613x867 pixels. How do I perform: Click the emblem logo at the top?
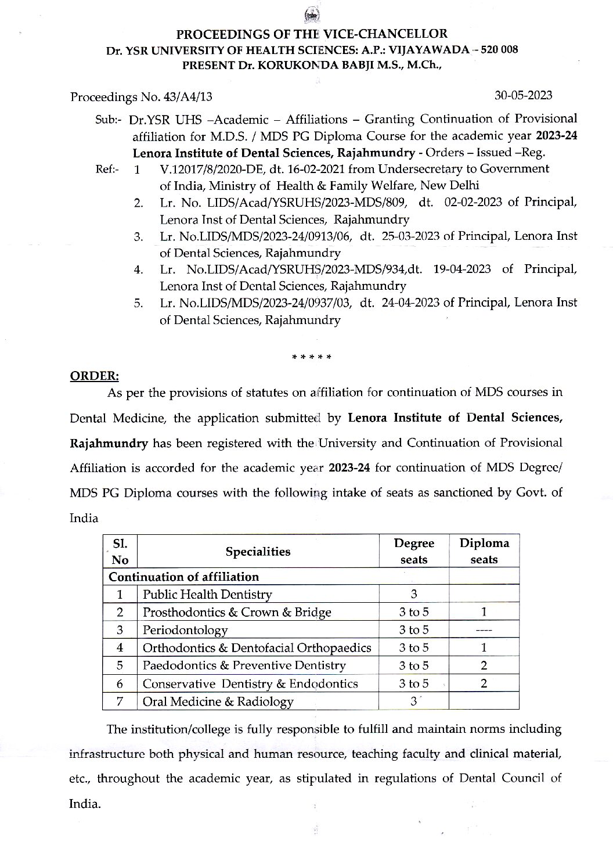tap(307, 16)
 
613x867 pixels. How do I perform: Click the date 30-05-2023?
tap(523, 95)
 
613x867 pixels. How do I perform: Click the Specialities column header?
tap(258, 551)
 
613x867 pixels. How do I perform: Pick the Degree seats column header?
tap(414, 551)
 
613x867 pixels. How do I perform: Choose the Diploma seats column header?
tap(484, 551)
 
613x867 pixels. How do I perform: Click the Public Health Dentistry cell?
tap(207, 594)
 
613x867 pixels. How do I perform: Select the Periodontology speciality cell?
tap(185, 629)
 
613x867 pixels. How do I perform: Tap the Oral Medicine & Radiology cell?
tap(218, 701)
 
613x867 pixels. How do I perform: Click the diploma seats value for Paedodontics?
tap(484, 665)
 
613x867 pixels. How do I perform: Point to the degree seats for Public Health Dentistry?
tap(414, 593)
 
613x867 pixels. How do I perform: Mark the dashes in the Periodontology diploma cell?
tap(484, 630)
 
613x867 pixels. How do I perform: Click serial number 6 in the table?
tap(120, 683)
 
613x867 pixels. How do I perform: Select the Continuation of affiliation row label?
tap(183, 577)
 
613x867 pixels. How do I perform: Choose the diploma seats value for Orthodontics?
tap(484, 647)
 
